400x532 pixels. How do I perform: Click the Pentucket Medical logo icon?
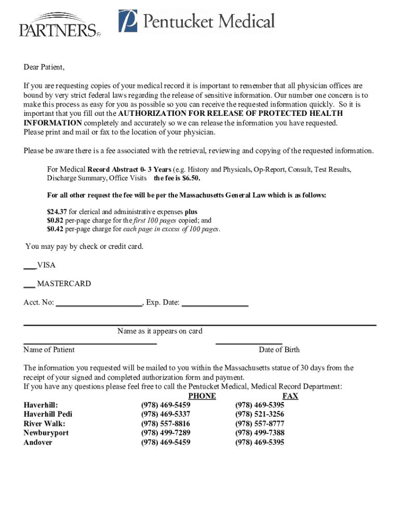click(x=128, y=21)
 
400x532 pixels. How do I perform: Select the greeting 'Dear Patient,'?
click(x=44, y=67)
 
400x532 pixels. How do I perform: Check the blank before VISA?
click(x=30, y=265)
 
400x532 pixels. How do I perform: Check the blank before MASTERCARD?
click(x=29, y=284)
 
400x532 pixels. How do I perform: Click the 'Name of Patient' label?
click(x=49, y=350)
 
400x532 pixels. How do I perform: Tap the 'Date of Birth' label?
click(x=279, y=350)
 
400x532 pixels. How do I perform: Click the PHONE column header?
click(x=202, y=396)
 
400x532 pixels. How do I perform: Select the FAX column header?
click(x=290, y=396)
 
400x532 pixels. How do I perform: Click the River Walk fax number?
click(x=260, y=423)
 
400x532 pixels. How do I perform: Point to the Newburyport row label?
click(x=46, y=433)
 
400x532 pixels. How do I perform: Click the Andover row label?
click(x=38, y=442)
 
